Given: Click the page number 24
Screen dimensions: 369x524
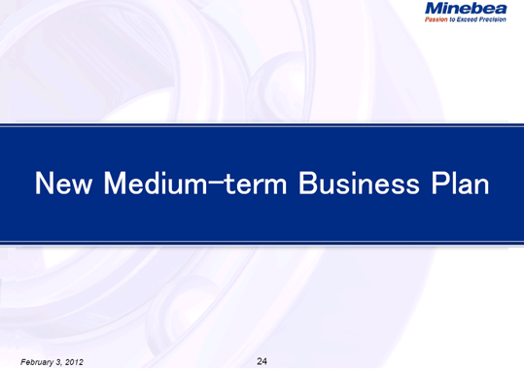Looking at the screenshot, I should pos(262,361).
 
